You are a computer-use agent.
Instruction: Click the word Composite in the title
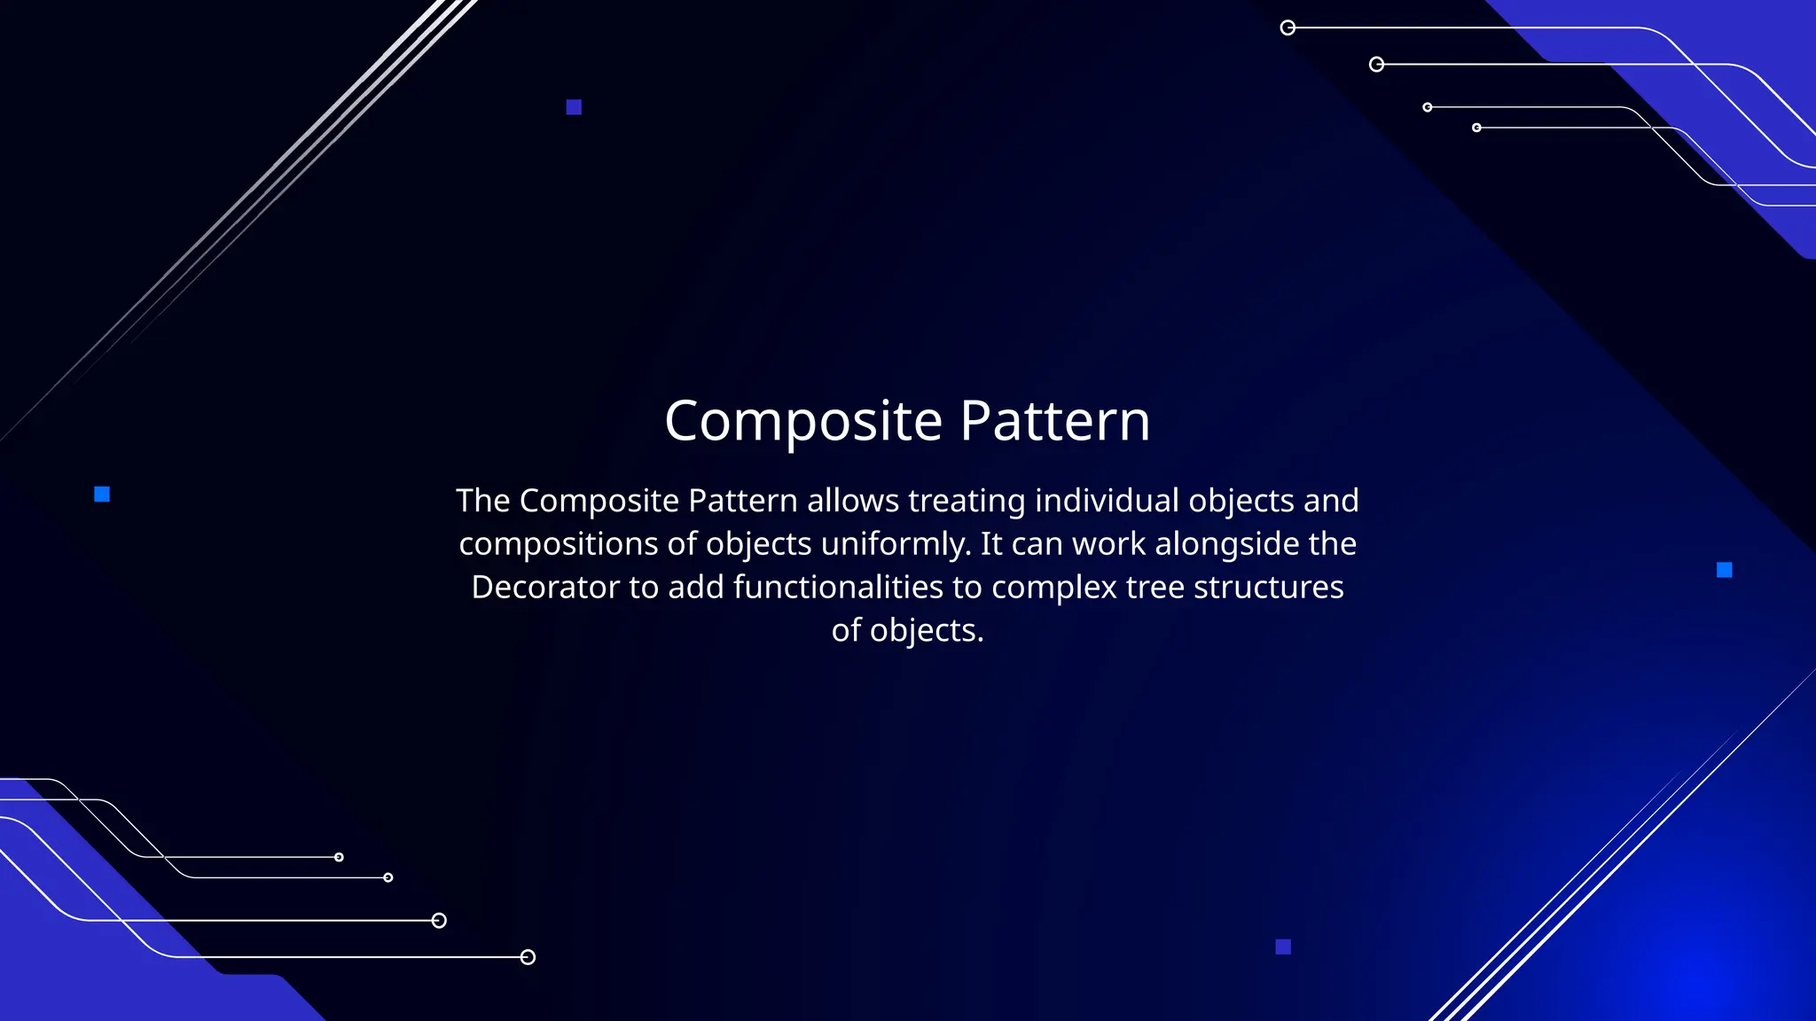click(803, 421)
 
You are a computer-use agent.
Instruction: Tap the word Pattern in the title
click(1054, 421)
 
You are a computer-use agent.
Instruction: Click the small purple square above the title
click(574, 107)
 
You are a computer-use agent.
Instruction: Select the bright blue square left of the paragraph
click(102, 494)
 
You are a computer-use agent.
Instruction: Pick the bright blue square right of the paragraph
click(1724, 570)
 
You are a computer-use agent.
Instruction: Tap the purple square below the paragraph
click(1283, 947)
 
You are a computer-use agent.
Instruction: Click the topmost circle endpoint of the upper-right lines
click(1288, 28)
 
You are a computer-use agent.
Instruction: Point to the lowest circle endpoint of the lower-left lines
click(528, 957)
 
